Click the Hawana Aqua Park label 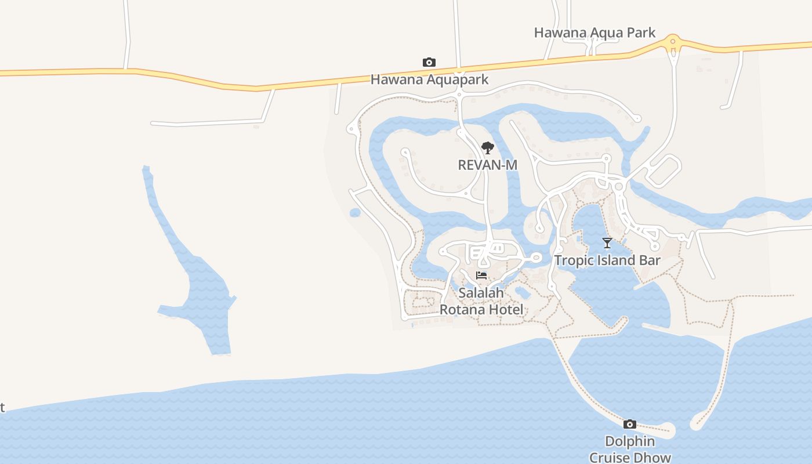[x=594, y=32]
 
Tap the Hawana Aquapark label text [x=430, y=79]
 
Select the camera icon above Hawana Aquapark [x=429, y=63]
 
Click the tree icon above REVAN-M [x=487, y=148]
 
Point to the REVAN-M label [x=487, y=165]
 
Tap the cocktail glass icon [x=607, y=243]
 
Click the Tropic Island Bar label [x=607, y=260]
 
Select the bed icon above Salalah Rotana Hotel [x=481, y=275]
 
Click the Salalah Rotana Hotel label [x=481, y=302]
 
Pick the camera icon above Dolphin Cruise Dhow [x=630, y=425]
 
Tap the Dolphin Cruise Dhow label [x=630, y=449]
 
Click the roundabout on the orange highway [x=673, y=42]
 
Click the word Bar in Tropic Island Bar [x=650, y=260]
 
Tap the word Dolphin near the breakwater [x=630, y=441]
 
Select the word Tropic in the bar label [x=572, y=260]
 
